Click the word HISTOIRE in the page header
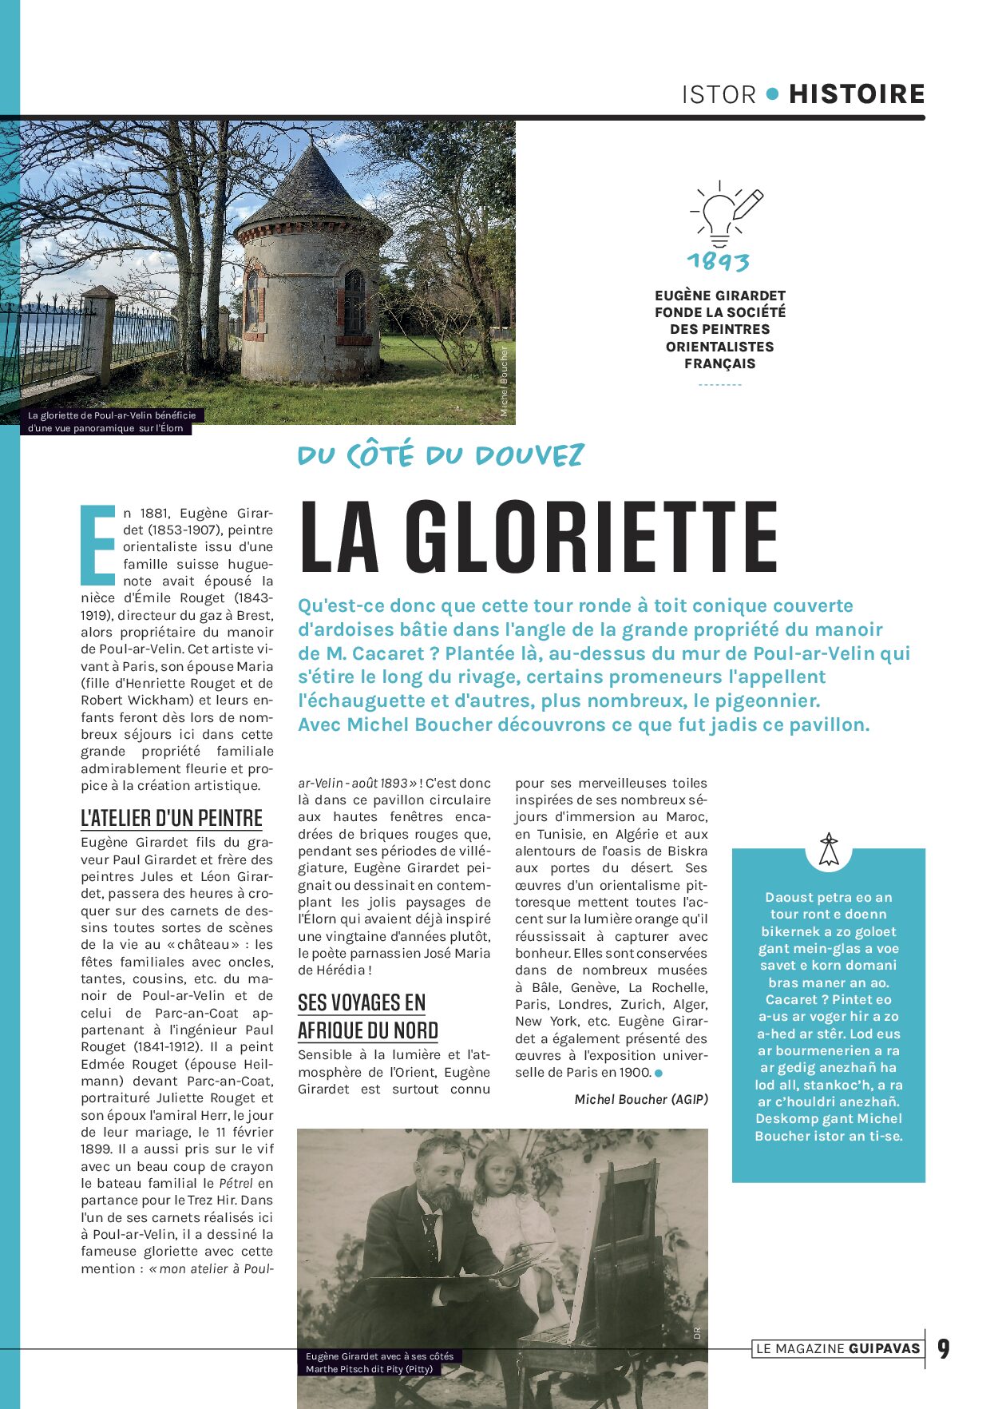[x=856, y=94]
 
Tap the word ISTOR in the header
[x=719, y=95]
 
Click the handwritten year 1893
[x=719, y=261]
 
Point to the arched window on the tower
[x=354, y=302]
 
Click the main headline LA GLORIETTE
[x=538, y=537]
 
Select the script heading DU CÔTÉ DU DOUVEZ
[x=441, y=455]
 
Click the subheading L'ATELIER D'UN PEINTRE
[x=172, y=819]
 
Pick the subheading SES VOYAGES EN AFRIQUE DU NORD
[x=367, y=1016]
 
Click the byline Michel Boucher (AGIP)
[x=641, y=1099]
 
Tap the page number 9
[x=944, y=1349]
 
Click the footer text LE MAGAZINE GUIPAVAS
[x=838, y=1349]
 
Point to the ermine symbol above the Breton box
[x=829, y=849]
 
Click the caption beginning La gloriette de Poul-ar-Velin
[x=111, y=422]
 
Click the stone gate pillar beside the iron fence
[x=100, y=335]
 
